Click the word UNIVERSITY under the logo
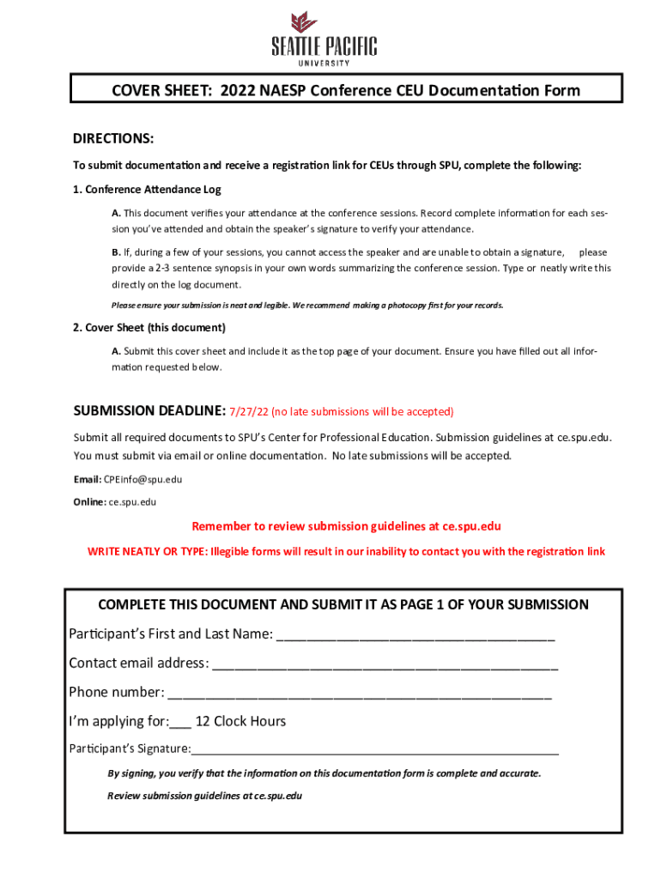(x=324, y=63)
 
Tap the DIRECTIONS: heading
(x=113, y=139)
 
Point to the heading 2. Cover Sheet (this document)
(x=149, y=328)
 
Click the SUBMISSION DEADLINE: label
(x=149, y=411)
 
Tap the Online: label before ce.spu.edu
(x=89, y=502)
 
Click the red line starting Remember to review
(x=346, y=526)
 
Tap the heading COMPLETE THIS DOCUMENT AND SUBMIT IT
(x=343, y=604)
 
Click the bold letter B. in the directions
(x=116, y=252)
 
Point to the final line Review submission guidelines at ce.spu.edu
(x=204, y=796)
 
